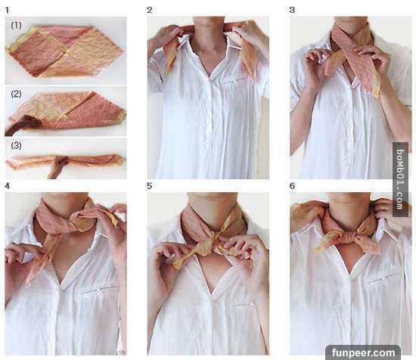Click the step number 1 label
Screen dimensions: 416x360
pos(7,11)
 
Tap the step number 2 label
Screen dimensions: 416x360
pos(150,10)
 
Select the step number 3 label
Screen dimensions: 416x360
pos(292,10)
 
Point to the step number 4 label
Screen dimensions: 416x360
pos(7,186)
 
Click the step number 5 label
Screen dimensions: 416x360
pos(150,186)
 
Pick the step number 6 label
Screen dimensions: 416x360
pos(292,186)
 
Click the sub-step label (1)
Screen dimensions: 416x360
pos(16,25)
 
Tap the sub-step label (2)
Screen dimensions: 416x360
pos(16,94)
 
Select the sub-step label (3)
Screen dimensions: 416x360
pos(16,145)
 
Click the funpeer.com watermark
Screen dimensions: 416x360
pos(364,353)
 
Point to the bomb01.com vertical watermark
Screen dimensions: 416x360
pos(400,179)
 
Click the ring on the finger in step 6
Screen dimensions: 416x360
pos(383,208)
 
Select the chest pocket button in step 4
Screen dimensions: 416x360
pos(98,290)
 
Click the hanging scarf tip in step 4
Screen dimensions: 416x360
pos(27,284)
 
